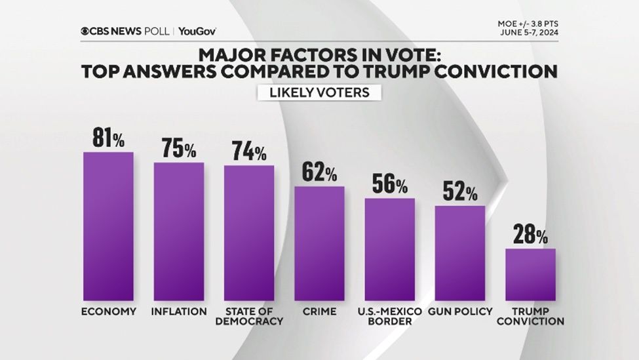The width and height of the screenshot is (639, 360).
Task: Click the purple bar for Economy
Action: pos(108,226)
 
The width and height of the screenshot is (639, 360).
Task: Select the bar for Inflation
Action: pos(179,231)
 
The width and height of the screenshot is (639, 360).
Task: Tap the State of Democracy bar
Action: pos(249,233)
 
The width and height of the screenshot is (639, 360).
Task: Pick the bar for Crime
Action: pos(319,243)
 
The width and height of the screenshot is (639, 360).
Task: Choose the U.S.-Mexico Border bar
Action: pos(390,249)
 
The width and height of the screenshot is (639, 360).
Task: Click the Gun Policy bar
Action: pos(460,253)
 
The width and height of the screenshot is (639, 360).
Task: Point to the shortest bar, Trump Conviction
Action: pos(530,274)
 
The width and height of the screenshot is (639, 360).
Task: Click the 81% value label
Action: pos(108,139)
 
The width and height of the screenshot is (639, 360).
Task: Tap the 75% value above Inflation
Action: pos(178,150)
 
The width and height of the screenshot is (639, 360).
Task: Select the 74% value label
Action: pos(249,152)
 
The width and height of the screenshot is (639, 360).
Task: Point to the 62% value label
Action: pos(319,173)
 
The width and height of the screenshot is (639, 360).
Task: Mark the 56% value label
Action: pos(390,184)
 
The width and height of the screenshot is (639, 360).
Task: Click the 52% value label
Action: pos(460,192)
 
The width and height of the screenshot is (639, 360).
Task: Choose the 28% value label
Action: pos(530,235)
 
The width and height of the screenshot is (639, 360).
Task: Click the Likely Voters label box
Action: pos(319,92)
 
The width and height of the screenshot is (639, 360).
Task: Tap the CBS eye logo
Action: pos(85,31)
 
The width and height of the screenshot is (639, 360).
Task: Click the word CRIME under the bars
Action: pos(319,311)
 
